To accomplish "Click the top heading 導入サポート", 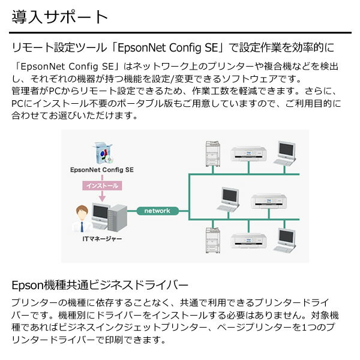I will pos(59,16).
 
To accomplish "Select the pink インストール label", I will pos(102,186).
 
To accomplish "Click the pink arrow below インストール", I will pos(102,196).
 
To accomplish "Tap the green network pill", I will pos(158,211).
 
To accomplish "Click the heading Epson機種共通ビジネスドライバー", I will pos(100,283).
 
